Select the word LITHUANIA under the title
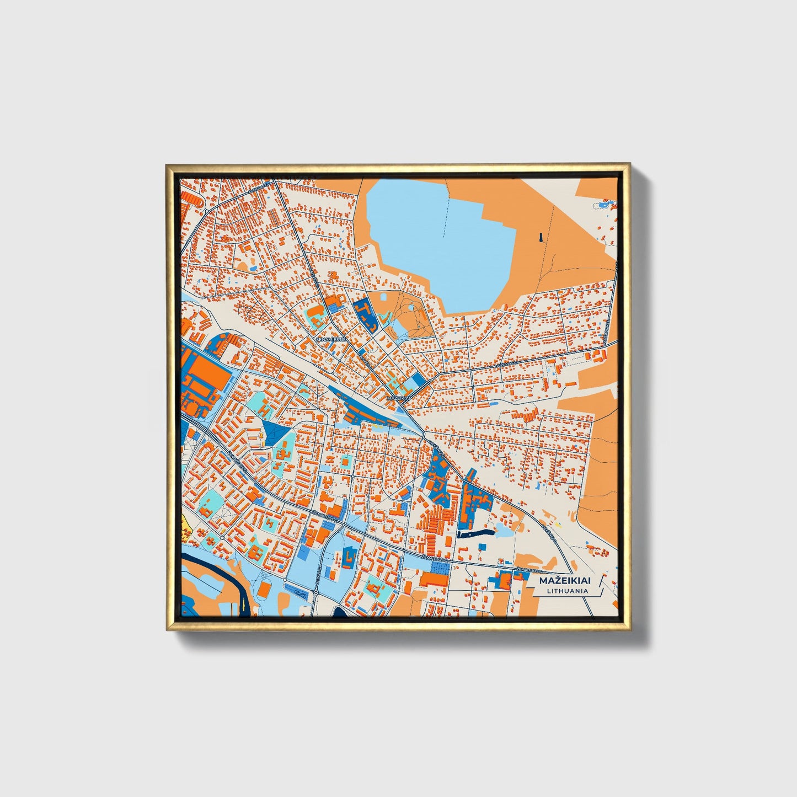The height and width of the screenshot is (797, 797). click(567, 591)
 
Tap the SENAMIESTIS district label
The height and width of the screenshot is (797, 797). click(330, 340)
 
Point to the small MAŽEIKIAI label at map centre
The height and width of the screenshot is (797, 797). click(399, 397)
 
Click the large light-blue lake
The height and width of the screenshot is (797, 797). click(441, 243)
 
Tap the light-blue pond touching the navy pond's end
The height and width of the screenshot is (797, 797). click(504, 531)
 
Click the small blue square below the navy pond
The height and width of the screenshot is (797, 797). click(482, 546)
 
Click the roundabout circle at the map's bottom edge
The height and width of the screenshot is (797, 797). click(315, 593)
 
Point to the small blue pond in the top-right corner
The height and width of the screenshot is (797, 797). click(605, 205)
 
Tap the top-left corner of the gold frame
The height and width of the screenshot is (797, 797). click(167, 165)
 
